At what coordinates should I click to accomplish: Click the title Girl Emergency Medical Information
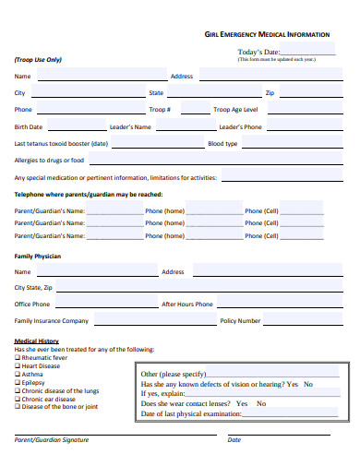pyautogui.click(x=266, y=34)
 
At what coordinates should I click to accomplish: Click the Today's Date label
pyautogui.click(x=258, y=52)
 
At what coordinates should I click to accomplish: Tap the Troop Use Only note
pyautogui.click(x=38, y=59)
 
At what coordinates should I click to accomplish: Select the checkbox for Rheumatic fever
pyautogui.click(x=17, y=358)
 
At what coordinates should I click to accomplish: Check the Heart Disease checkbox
pyautogui.click(x=17, y=366)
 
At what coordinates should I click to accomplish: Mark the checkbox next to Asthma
pyautogui.click(x=17, y=375)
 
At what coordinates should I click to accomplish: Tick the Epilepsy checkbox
pyautogui.click(x=17, y=382)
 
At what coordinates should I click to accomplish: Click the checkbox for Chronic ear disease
pyautogui.click(x=17, y=399)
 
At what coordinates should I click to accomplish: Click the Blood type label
pyautogui.click(x=222, y=144)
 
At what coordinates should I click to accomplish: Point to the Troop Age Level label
pyautogui.click(x=235, y=110)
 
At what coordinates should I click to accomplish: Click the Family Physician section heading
pyautogui.click(x=37, y=256)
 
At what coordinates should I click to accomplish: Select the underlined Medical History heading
pyautogui.click(x=36, y=341)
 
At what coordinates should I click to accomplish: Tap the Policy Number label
pyautogui.click(x=240, y=321)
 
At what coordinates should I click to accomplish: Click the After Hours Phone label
pyautogui.click(x=187, y=304)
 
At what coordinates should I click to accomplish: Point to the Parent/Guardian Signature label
pyautogui.click(x=52, y=439)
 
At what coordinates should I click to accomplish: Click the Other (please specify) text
pyautogui.click(x=173, y=374)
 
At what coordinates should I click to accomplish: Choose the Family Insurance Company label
pyautogui.click(x=51, y=321)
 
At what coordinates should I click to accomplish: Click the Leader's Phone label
pyautogui.click(x=240, y=126)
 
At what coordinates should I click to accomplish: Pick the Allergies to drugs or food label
pyautogui.click(x=49, y=161)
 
